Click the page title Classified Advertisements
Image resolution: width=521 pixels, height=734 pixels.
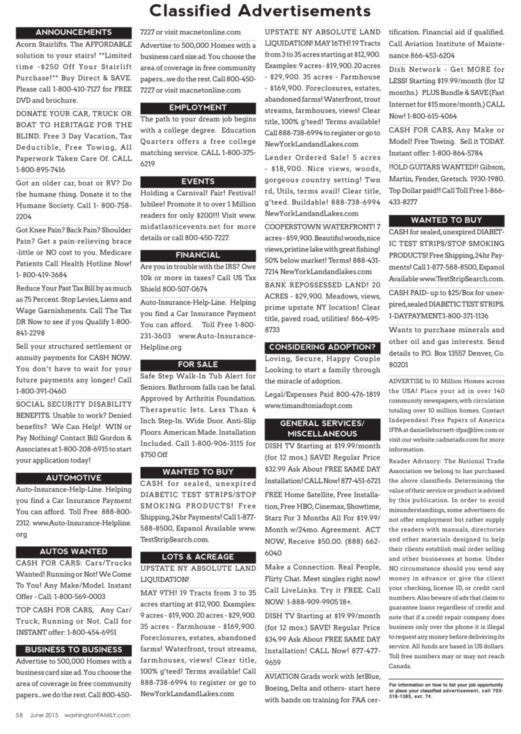click(260, 12)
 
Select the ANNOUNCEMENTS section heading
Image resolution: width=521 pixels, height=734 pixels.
click(73, 32)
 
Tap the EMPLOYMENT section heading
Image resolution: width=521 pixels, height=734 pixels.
click(198, 107)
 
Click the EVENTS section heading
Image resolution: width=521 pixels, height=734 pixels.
click(198, 182)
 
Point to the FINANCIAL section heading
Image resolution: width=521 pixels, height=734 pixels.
click(198, 255)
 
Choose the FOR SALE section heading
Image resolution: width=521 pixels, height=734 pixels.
click(198, 365)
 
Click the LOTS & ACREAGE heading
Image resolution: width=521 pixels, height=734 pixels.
click(198, 557)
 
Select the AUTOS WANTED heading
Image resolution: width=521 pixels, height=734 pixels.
click(73, 551)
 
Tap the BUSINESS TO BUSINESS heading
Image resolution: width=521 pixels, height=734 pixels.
click(73, 649)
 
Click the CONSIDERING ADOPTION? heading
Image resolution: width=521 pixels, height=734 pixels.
click(322, 347)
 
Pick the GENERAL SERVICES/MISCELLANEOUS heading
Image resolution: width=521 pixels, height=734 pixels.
click(322, 428)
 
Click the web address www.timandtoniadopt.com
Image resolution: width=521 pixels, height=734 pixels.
click(309, 406)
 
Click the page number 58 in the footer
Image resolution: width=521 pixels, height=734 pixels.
click(19, 714)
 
